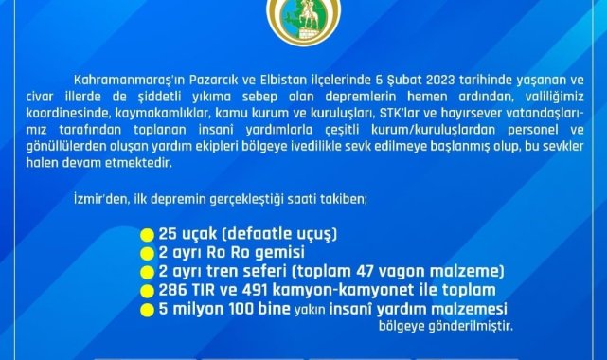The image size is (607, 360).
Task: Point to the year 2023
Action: pos(440,81)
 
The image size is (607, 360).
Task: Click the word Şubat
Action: pos(404,81)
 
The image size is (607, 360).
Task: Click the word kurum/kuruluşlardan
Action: pos(433,130)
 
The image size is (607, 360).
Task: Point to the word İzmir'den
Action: pos(101,199)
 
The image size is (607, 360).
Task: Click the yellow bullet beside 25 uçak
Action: pos(147,235)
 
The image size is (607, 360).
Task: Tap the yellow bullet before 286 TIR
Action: pos(147,291)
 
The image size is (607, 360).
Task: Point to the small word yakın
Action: pos(310,310)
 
